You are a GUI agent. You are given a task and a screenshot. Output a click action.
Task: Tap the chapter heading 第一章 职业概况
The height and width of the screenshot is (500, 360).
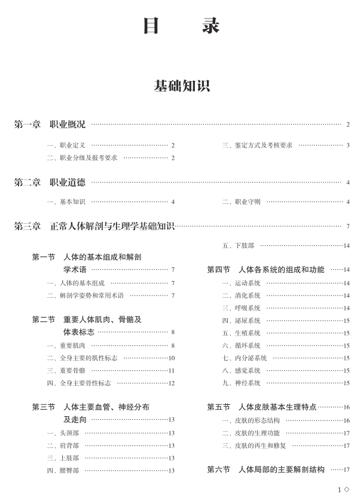coord(50,124)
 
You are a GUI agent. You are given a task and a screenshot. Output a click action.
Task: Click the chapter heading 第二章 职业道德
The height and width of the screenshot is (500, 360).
coord(50,182)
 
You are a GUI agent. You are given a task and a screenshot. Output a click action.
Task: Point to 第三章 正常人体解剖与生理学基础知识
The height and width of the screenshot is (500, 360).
coord(94,226)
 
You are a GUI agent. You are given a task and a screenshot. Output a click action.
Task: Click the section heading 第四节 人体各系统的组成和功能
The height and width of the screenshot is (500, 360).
coord(266,270)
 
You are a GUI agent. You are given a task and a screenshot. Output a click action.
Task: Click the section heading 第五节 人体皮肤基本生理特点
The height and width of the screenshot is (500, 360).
coord(262,407)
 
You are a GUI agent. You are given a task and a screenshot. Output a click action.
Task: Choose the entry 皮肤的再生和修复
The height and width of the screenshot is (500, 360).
coord(255,446)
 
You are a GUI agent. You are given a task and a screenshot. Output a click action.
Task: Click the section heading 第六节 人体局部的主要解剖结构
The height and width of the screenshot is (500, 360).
coord(266,470)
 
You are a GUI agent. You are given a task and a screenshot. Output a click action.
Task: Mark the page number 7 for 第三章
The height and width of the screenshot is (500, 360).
coord(347,227)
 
